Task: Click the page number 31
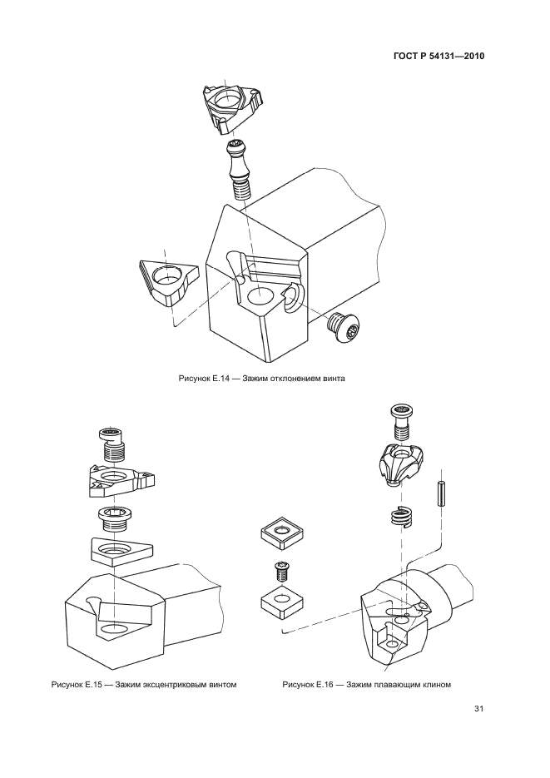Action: click(x=478, y=709)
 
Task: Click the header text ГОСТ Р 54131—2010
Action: click(x=439, y=56)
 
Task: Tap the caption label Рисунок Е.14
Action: click(x=203, y=379)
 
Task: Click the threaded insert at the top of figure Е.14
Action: click(x=231, y=107)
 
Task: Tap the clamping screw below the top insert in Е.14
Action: click(x=240, y=170)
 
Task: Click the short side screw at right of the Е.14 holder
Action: click(x=342, y=327)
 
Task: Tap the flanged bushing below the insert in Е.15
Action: click(x=115, y=519)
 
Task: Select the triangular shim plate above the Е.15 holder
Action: click(x=121, y=551)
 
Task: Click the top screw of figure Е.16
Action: click(x=403, y=422)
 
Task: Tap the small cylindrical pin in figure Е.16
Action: click(x=440, y=493)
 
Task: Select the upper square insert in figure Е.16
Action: click(x=282, y=533)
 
